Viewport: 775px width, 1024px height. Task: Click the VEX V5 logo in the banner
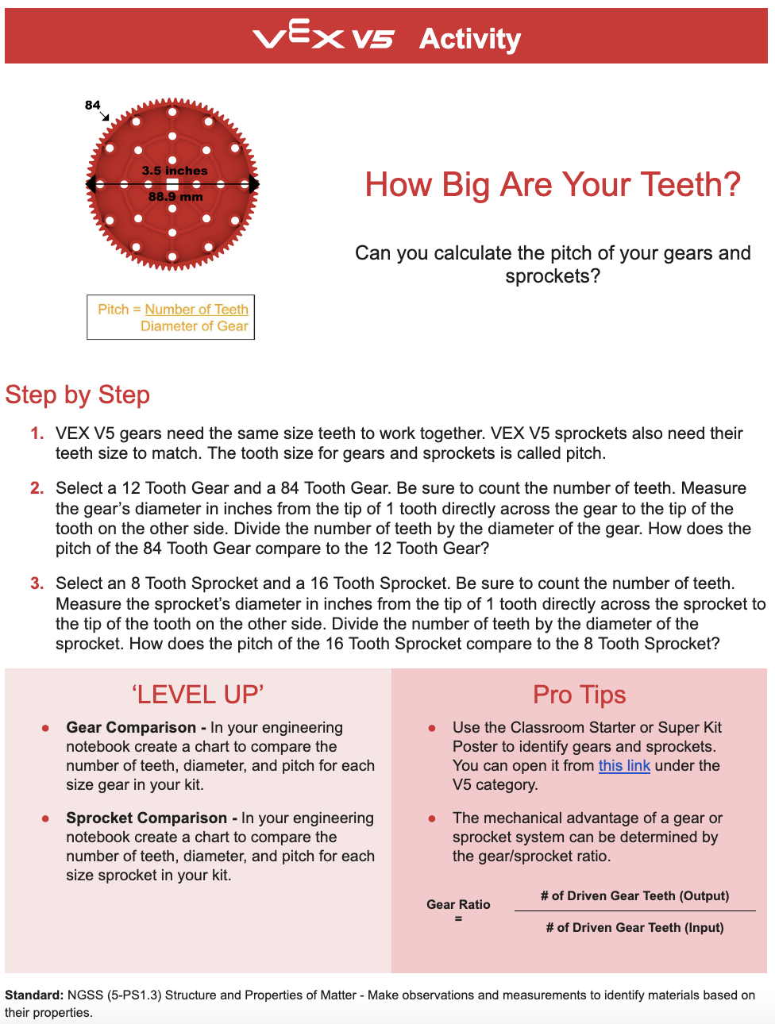[322, 37]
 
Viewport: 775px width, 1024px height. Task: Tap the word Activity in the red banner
[469, 38]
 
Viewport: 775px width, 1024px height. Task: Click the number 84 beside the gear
[92, 105]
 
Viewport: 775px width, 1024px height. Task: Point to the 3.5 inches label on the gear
[175, 171]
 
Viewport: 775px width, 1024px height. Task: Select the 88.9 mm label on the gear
[175, 197]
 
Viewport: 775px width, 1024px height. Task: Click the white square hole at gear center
[172, 184]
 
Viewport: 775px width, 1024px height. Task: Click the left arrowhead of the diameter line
[91, 184]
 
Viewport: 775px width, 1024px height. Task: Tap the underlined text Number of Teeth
[196, 310]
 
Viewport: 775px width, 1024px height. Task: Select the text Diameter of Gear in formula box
[194, 326]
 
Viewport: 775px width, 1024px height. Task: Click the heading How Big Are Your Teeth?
[552, 185]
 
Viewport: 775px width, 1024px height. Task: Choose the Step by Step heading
[78, 395]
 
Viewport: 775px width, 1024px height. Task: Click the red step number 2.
[37, 488]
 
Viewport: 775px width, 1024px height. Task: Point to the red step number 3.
[37, 583]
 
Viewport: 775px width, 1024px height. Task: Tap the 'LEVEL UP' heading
[197, 695]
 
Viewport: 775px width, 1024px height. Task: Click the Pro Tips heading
[579, 695]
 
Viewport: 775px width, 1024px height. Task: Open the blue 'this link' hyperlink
[624, 766]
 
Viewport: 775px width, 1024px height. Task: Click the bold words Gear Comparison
[131, 728]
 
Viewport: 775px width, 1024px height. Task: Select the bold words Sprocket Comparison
[146, 818]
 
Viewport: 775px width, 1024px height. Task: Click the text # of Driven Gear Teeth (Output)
[634, 896]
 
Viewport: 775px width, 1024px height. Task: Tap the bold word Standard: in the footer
[34, 995]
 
